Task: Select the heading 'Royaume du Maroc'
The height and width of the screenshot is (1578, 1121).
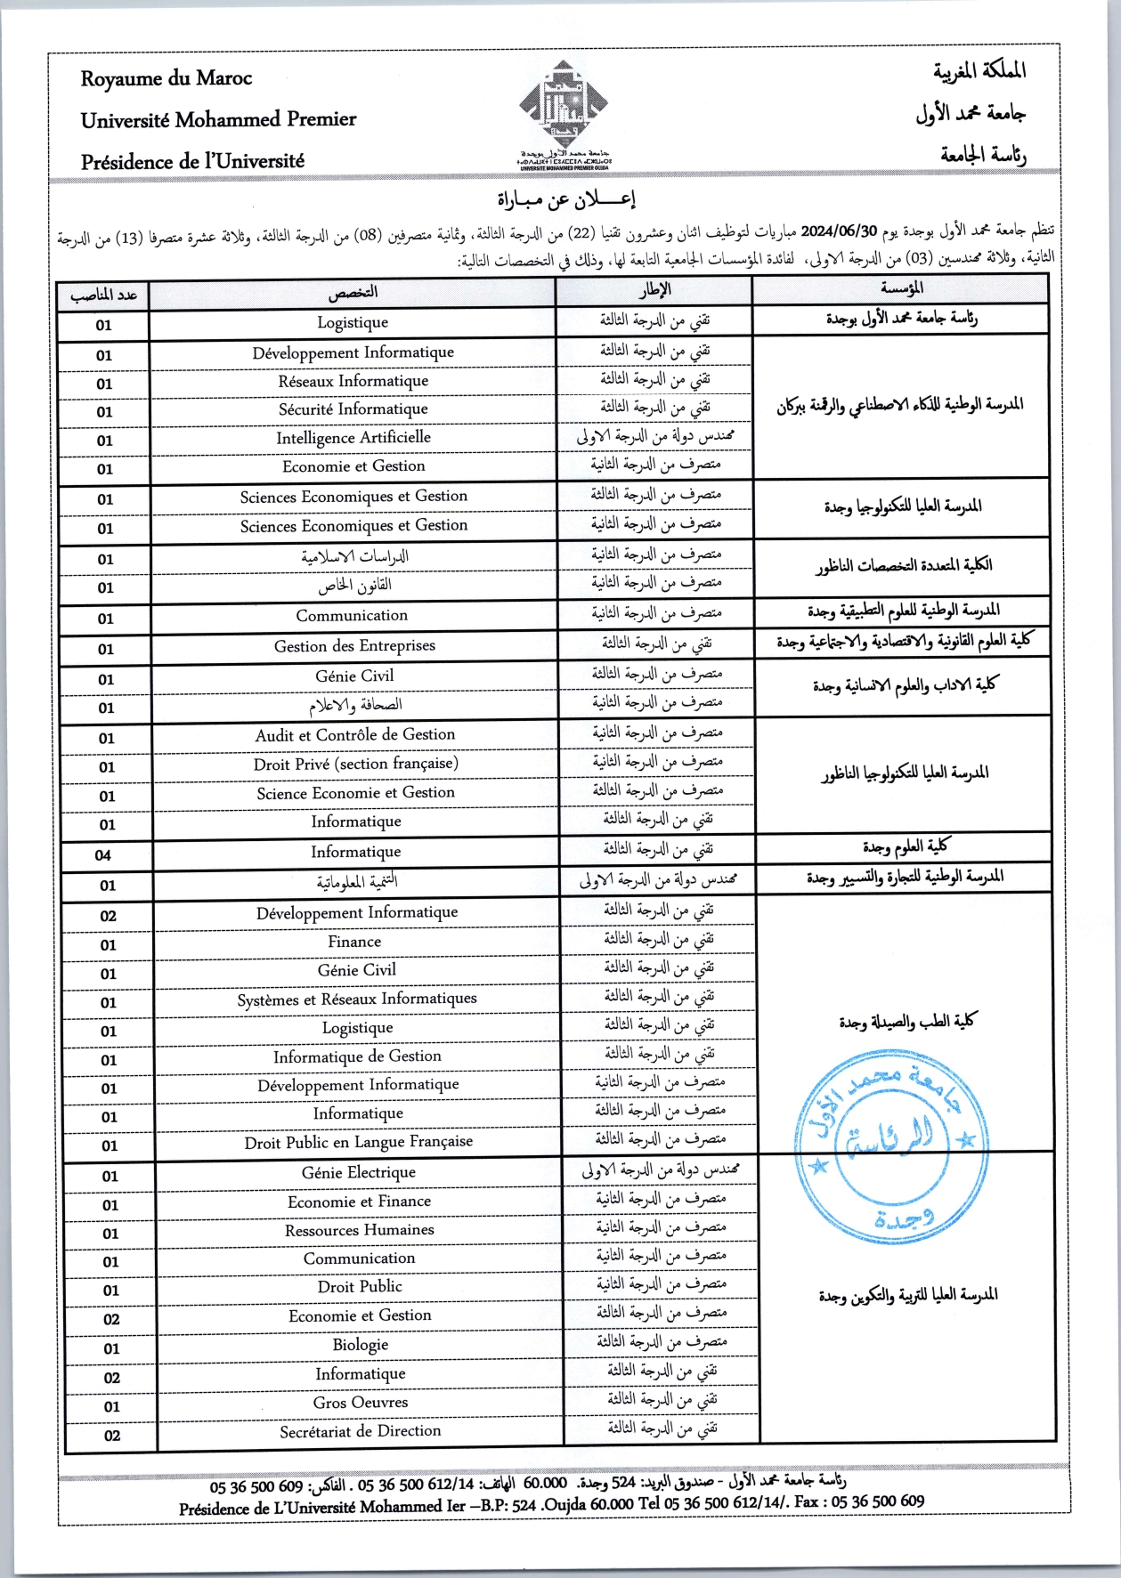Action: tap(167, 78)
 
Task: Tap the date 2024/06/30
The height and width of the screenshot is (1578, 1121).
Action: tap(840, 232)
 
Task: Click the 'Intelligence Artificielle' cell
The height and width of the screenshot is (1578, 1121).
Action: tap(353, 438)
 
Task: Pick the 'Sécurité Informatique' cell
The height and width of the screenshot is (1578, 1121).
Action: tap(353, 409)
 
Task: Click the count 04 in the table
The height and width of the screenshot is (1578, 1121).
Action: tap(103, 855)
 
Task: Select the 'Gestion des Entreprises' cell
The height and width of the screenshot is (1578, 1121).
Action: tap(354, 646)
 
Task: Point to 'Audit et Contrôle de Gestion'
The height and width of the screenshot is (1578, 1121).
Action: tap(354, 735)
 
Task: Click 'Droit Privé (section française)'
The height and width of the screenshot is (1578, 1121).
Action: tap(355, 764)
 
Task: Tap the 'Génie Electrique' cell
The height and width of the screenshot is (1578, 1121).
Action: tap(358, 1173)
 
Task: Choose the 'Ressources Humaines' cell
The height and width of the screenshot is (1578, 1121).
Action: tap(359, 1230)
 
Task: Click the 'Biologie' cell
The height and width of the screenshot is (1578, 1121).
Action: tap(360, 1345)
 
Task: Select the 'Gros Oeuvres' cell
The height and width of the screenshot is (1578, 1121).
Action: tap(360, 1403)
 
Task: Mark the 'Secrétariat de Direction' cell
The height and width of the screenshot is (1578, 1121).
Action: tap(360, 1431)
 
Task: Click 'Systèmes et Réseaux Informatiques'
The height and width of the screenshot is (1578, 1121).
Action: tap(356, 999)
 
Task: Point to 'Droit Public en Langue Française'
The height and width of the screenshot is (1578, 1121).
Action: tap(358, 1142)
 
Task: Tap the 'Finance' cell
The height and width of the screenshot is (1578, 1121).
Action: tap(354, 942)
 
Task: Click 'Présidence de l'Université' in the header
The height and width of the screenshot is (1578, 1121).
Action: tap(192, 162)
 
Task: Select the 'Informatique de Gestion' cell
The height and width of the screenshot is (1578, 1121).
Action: tap(357, 1056)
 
